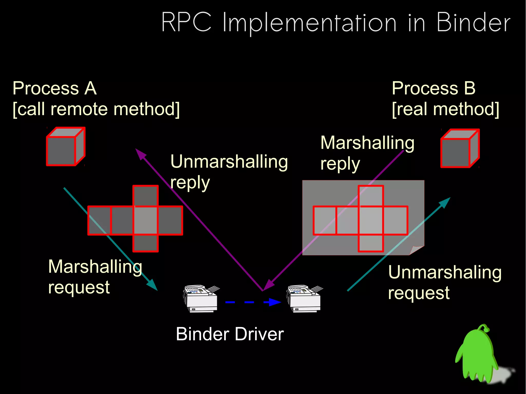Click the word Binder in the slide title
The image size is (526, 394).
click(x=473, y=23)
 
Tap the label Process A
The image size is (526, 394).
click(x=54, y=88)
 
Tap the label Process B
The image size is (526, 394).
click(x=434, y=88)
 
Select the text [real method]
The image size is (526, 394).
click(x=445, y=109)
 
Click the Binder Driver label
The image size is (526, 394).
click(x=230, y=334)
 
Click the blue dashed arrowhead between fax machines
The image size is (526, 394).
click(x=274, y=302)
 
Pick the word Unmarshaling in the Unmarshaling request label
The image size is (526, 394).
click(x=445, y=273)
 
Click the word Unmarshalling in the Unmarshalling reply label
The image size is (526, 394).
click(x=229, y=162)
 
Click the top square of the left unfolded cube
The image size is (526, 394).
click(x=145, y=196)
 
